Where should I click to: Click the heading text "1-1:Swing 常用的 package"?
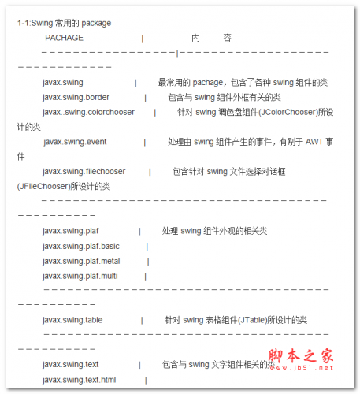click(64, 24)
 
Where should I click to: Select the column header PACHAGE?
click(64, 38)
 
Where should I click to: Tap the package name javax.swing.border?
click(76, 97)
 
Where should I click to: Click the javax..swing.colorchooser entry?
click(88, 112)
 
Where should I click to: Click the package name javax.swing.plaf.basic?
click(81, 246)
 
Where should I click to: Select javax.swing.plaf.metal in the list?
click(81, 261)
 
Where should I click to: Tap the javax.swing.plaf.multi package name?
click(80, 276)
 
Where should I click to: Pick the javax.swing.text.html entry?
click(79, 380)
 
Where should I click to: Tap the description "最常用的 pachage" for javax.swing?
click(191, 82)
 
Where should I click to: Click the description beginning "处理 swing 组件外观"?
click(214, 231)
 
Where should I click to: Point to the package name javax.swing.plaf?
click(71, 231)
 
